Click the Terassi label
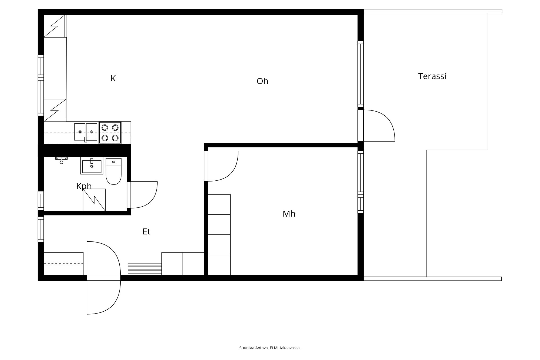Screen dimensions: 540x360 click(x=432, y=76)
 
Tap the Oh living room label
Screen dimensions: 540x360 click(x=262, y=81)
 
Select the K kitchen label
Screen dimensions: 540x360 click(x=113, y=78)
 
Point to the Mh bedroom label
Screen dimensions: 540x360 click(x=289, y=214)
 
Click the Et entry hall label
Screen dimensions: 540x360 click(x=146, y=231)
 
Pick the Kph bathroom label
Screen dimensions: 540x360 click(x=84, y=186)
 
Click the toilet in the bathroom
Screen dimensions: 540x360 click(x=114, y=171)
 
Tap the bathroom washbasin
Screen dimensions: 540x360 click(x=92, y=166)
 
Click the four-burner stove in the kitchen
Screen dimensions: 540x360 click(x=110, y=133)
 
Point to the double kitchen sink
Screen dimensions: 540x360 click(x=86, y=132)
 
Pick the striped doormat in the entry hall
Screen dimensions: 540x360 click(x=145, y=269)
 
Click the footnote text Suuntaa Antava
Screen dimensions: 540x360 click(x=254, y=348)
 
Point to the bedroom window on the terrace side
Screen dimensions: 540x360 click(x=360, y=182)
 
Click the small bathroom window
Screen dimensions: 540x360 click(x=41, y=201)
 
